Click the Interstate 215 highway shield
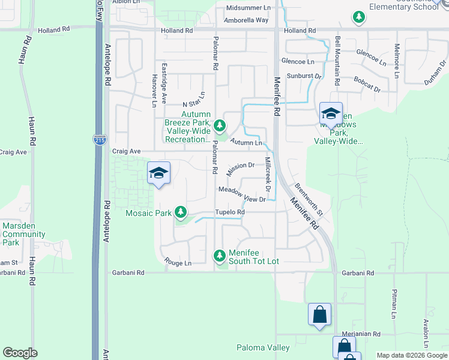(100, 140)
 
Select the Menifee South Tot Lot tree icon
(220, 256)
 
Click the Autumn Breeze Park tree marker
(220, 125)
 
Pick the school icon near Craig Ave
(158, 173)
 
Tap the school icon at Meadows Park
(331, 113)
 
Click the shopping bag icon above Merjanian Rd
(319, 314)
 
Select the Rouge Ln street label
(179, 263)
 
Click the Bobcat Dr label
(367, 83)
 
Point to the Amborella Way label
(246, 20)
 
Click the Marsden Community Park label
(19, 234)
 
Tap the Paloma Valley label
(263, 347)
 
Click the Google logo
(20, 353)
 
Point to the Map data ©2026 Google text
(411, 355)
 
